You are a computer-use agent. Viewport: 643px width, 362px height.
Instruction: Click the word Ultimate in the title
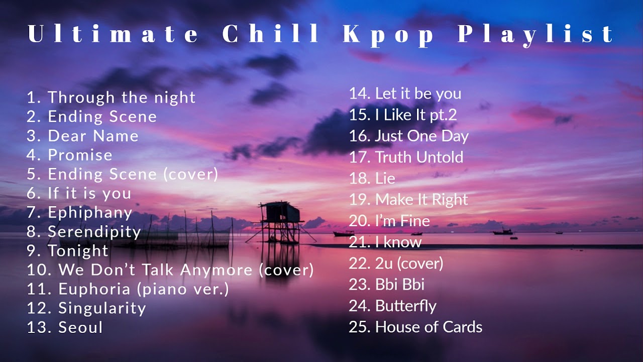114,34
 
